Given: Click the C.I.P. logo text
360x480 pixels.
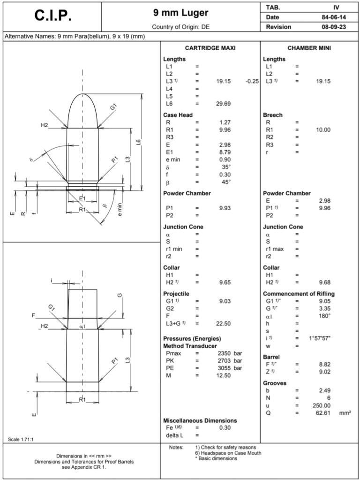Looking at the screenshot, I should [x=53, y=15].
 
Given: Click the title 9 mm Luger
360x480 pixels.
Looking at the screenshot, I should [x=180, y=12].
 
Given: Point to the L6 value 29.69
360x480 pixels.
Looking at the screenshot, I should [x=223, y=104].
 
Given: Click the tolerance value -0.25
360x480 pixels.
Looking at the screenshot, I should [x=252, y=81].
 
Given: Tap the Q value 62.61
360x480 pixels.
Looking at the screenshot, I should [x=323, y=413].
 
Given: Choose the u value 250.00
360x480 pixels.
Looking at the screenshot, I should [x=322, y=405].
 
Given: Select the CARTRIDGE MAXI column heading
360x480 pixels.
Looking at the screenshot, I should [x=210, y=48].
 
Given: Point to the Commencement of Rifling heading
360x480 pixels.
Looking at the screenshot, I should [x=299, y=294].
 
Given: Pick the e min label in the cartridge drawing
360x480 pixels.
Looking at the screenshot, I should [x=120, y=208].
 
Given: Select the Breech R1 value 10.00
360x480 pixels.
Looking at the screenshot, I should [x=323, y=130].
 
